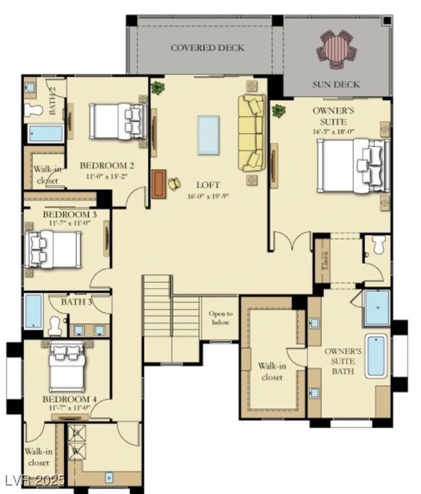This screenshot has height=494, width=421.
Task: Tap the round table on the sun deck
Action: point(335,49)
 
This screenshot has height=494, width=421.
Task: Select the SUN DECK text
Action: point(336,84)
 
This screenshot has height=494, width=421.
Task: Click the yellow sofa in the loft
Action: point(251,133)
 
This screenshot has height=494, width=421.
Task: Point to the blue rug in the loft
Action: point(208,135)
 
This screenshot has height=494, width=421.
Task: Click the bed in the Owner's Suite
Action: point(353,166)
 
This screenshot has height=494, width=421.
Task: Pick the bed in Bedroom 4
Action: point(67,367)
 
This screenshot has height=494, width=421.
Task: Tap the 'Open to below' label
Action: point(220,318)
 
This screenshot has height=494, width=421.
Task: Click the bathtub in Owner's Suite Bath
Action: point(375,356)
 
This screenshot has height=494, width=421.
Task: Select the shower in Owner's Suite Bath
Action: point(376,308)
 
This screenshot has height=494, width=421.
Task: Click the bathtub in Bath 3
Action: point(33,312)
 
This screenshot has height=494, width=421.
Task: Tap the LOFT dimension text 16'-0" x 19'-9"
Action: point(208,196)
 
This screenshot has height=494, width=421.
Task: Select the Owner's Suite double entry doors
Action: point(291,242)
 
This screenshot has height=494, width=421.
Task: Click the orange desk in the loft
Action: point(159,184)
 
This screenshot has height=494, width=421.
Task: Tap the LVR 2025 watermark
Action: point(34,480)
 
